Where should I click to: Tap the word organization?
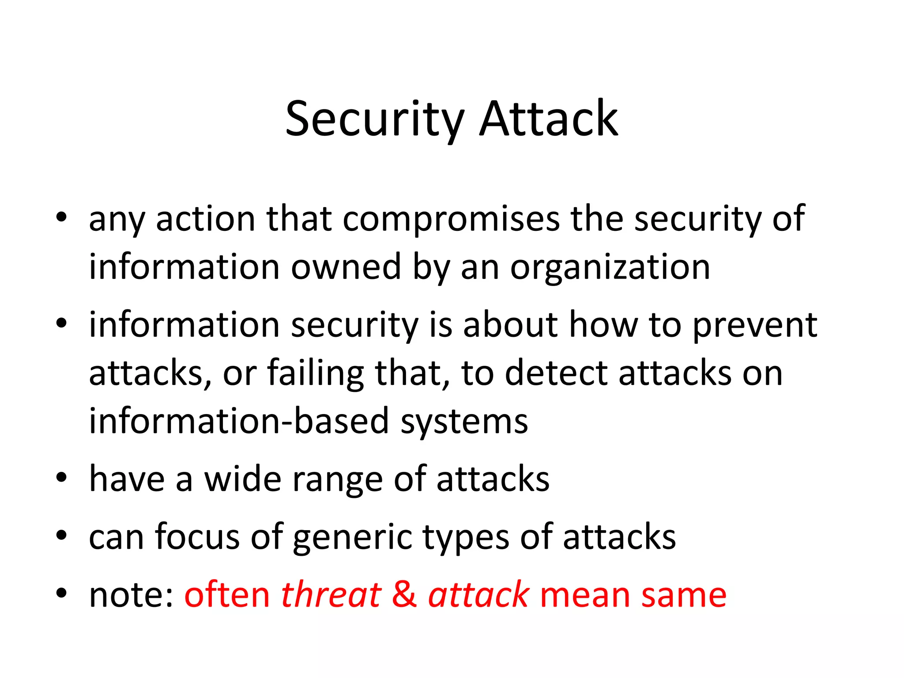pos(610,267)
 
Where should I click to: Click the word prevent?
pos(754,326)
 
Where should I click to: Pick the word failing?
pos(315,373)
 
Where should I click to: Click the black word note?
pos(131,595)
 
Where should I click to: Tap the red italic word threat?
pos(331,595)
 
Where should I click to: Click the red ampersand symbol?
pos(404,595)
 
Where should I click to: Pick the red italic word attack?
pos(478,595)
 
